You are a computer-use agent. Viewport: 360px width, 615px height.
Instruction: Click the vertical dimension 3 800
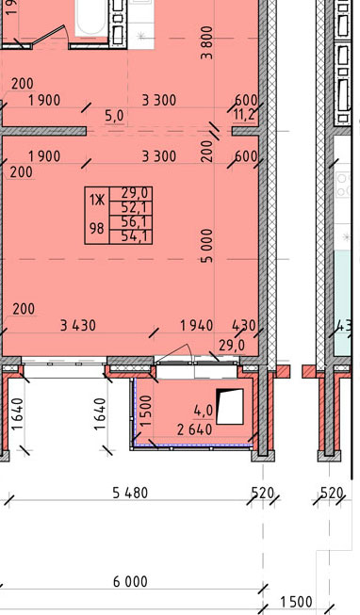pyautogui.click(x=206, y=42)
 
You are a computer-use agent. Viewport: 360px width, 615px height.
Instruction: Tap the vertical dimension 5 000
pyautogui.click(x=206, y=246)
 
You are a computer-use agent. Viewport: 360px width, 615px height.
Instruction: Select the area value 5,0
pyautogui.click(x=114, y=116)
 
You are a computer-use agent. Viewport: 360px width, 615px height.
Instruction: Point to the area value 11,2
pyautogui.click(x=244, y=115)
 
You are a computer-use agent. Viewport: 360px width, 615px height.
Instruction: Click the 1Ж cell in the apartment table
pyautogui.click(x=96, y=201)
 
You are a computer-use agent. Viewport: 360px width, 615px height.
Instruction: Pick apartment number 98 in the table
pyautogui.click(x=96, y=228)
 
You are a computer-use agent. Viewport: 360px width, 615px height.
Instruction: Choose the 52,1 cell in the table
pyautogui.click(x=131, y=208)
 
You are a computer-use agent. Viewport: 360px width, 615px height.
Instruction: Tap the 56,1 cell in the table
pyautogui.click(x=131, y=222)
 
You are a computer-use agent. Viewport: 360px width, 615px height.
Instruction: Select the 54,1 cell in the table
pyautogui.click(x=131, y=236)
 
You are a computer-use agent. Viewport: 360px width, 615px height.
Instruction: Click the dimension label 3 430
pyautogui.click(x=77, y=326)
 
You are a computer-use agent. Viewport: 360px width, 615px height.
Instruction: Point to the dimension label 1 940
pyautogui.click(x=196, y=326)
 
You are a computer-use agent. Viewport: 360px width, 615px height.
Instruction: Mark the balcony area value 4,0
pyautogui.click(x=204, y=411)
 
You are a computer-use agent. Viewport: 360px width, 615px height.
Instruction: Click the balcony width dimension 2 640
pyautogui.click(x=195, y=429)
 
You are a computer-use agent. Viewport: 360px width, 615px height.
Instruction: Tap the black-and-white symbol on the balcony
pyautogui.click(x=230, y=406)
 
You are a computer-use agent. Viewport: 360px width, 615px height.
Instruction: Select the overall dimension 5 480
pyautogui.click(x=130, y=493)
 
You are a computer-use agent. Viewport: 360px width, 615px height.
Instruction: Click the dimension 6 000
pyautogui.click(x=130, y=581)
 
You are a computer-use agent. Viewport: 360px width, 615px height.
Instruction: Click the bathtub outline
pyautogui.click(x=91, y=19)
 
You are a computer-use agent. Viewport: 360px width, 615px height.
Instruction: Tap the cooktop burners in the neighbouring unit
pyautogui.click(x=343, y=185)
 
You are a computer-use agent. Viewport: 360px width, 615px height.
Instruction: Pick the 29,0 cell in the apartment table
pyautogui.click(x=131, y=193)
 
